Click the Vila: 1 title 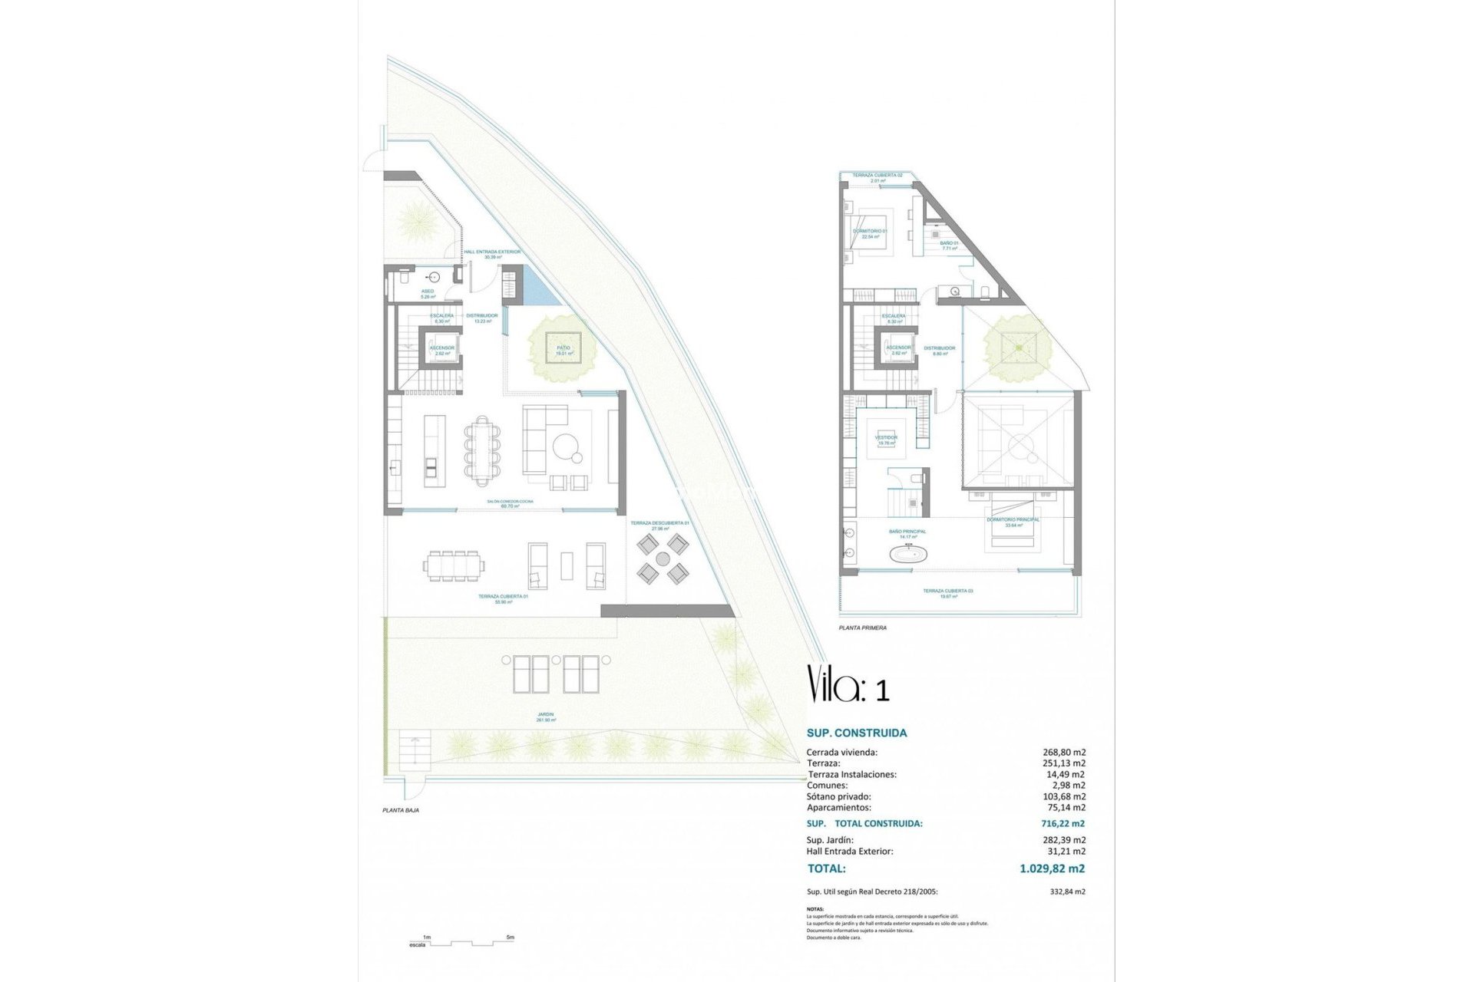point(848,684)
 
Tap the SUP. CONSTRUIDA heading point(856,733)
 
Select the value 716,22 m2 point(1063,823)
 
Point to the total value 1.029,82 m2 point(1052,868)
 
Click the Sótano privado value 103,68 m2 point(1066,796)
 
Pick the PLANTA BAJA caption point(401,810)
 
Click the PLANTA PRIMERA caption point(862,628)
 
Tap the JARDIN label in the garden point(545,715)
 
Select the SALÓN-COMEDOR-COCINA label point(510,502)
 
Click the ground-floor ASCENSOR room point(441,349)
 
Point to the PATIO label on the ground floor point(563,349)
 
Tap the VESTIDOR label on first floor point(886,438)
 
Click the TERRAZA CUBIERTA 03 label point(948,592)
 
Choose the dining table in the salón point(482,450)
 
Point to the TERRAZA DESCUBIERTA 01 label point(659,523)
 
